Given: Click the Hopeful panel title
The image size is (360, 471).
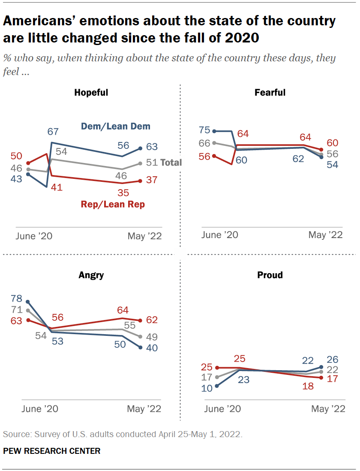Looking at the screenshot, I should (x=91, y=93).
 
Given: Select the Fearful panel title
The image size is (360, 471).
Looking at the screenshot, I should (x=270, y=93).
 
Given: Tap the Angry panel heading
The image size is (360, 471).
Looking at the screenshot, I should (x=91, y=275).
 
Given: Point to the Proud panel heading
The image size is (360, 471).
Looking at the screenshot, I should (x=270, y=275).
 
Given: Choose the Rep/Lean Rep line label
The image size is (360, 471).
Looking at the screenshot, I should (x=113, y=204).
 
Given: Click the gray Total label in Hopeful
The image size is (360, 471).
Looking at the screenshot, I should (x=171, y=163).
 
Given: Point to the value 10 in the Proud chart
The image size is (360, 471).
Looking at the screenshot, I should (x=207, y=389).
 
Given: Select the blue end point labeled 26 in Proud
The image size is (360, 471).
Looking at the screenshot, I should (x=321, y=367).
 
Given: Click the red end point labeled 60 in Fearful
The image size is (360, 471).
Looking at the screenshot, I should (x=321, y=149).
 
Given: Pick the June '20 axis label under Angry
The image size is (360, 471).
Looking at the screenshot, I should (x=39, y=409).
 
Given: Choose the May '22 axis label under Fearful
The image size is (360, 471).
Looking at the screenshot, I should (x=326, y=235).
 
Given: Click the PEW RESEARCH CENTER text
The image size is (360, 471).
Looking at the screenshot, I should (x=52, y=451).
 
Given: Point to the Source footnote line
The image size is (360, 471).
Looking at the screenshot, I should (x=123, y=434).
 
